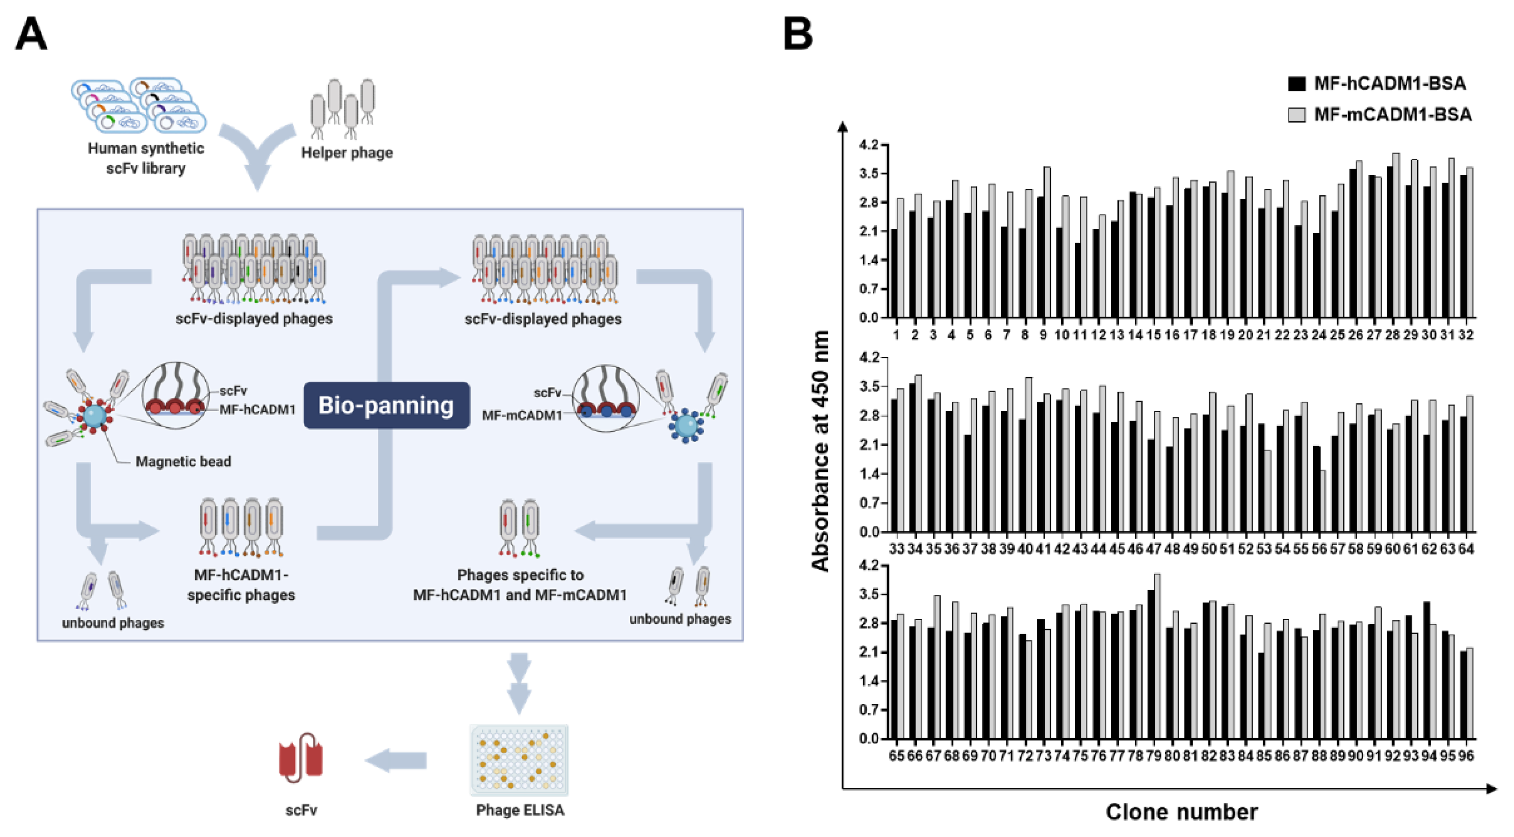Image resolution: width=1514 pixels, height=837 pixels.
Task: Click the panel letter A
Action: [30, 35]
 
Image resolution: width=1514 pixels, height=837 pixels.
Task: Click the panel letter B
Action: [798, 35]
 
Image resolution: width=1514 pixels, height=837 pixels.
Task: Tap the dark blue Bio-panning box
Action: [386, 406]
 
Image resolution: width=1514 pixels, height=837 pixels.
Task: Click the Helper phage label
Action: [347, 153]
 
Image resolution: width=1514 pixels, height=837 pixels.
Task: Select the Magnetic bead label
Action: [184, 461]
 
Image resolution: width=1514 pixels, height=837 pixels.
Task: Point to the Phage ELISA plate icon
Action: [519, 760]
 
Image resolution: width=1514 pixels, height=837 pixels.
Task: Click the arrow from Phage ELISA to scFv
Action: [396, 761]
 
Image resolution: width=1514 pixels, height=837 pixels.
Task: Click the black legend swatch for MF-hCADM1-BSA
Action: [1297, 84]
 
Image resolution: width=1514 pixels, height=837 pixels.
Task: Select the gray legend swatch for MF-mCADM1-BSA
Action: [1297, 115]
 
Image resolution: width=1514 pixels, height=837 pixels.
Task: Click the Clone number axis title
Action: [1182, 812]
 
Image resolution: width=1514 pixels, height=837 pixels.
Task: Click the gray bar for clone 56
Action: [1322, 501]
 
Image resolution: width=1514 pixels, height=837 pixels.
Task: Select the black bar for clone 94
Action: [1426, 670]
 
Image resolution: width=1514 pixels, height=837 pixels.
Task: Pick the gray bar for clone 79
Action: [1157, 656]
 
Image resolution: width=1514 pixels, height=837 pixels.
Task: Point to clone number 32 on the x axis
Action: [1466, 335]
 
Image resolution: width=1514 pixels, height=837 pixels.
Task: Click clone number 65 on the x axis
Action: [896, 756]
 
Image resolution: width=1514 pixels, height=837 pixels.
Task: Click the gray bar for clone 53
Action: [1268, 491]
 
